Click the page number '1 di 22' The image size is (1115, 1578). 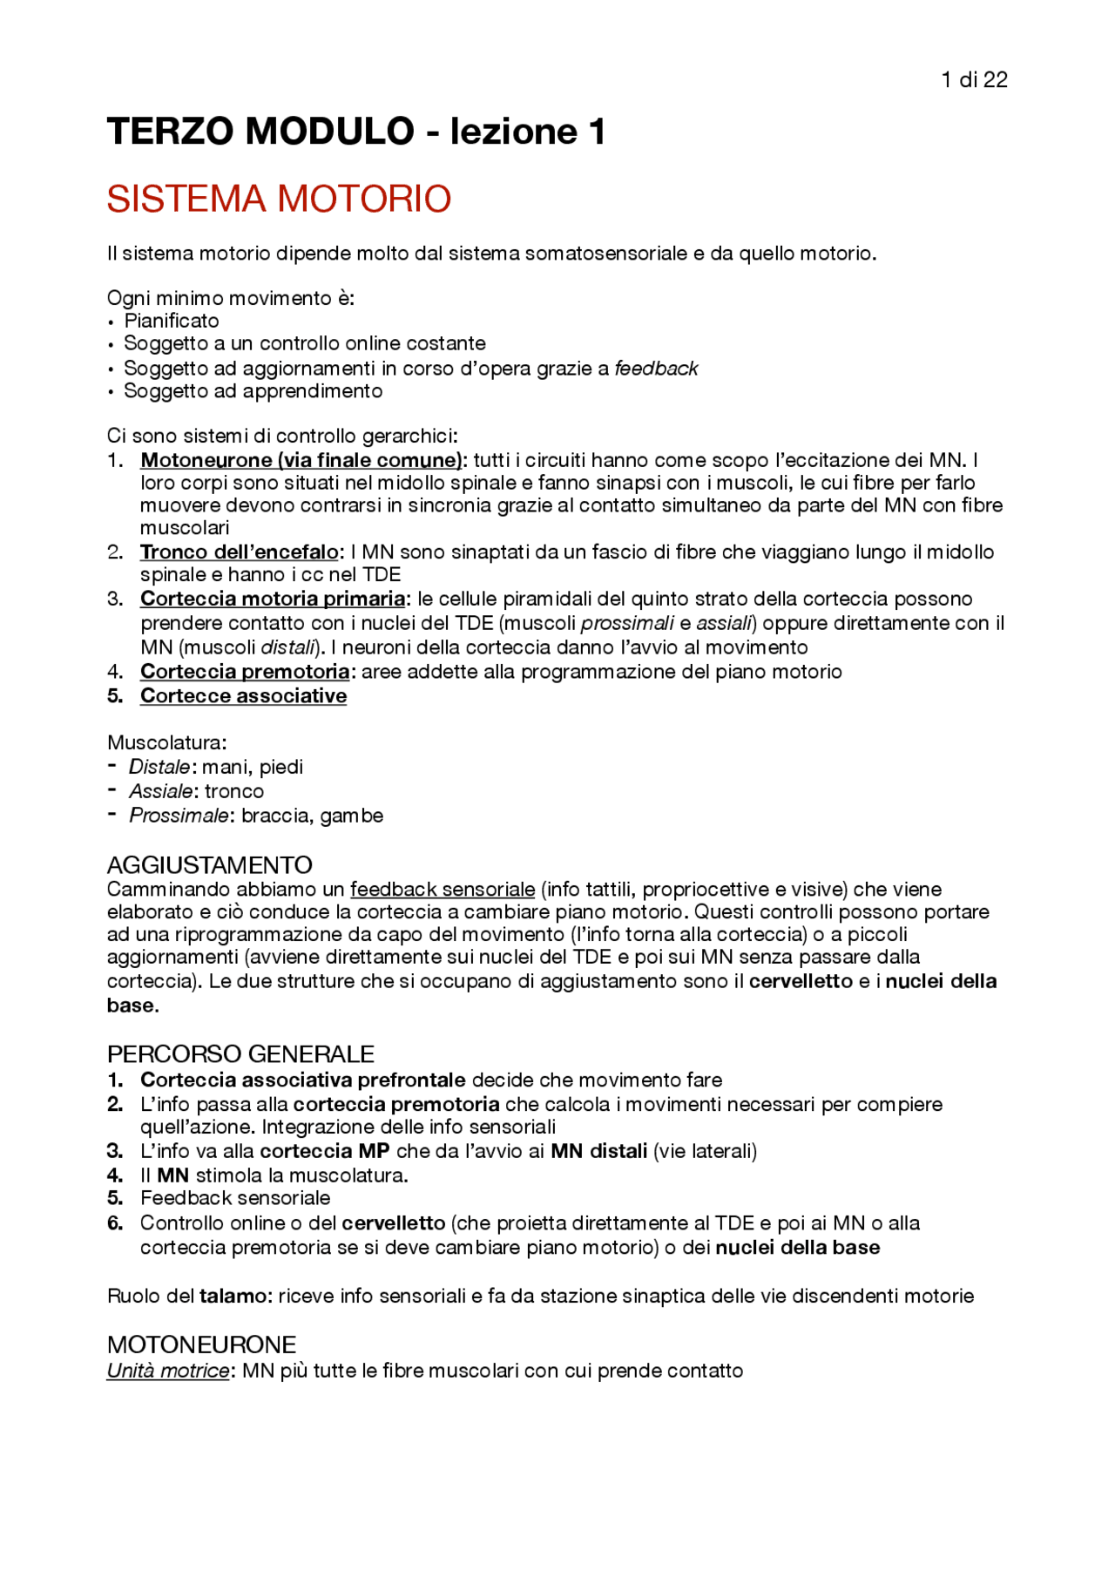click(974, 80)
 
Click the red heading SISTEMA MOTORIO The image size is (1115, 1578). click(279, 200)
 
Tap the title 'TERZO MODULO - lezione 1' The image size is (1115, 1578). click(355, 132)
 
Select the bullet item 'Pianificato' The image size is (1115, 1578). click(172, 321)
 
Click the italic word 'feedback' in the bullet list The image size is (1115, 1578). click(656, 369)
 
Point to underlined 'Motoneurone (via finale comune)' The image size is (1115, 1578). click(301, 460)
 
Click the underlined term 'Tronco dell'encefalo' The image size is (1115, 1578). click(240, 552)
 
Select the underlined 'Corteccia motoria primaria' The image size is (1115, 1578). click(273, 599)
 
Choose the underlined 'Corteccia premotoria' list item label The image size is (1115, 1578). click(245, 672)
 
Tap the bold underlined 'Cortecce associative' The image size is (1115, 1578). click(243, 696)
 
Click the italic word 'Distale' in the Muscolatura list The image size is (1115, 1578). click(159, 767)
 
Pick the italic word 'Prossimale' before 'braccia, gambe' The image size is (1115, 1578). click(179, 816)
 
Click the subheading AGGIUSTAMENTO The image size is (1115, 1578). click(209, 865)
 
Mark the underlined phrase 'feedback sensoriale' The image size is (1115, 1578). click(443, 890)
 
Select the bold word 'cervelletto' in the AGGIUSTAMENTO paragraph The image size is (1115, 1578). click(801, 981)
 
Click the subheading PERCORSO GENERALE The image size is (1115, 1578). click(240, 1054)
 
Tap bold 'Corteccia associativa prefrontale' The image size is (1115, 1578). click(302, 1080)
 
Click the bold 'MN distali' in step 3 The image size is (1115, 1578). click(598, 1151)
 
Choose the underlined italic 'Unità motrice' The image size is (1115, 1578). click(168, 1371)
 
